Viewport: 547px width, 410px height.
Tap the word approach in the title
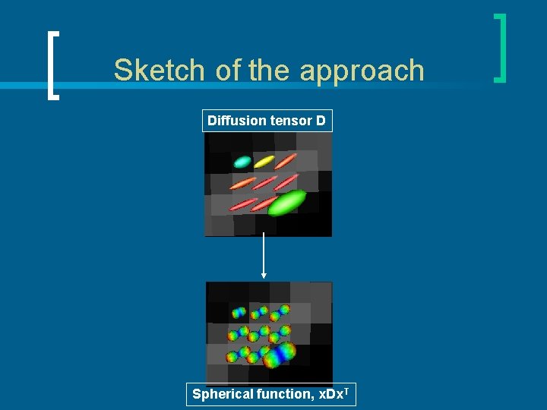(362, 70)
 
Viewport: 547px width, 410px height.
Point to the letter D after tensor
(321, 121)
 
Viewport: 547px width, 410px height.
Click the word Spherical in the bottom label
(223, 394)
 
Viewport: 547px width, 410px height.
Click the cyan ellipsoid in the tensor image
(242, 162)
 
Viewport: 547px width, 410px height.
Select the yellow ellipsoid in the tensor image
(264, 161)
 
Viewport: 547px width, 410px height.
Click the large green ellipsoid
(286, 202)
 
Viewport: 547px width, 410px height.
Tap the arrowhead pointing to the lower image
(264, 275)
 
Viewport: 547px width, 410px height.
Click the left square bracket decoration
(52, 65)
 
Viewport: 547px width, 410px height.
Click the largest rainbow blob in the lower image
(279, 354)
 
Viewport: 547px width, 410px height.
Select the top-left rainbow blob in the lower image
(239, 312)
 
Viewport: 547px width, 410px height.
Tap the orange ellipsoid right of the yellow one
(286, 161)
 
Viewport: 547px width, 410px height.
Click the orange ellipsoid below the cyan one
(242, 183)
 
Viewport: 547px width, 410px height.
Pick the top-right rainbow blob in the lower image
(284, 310)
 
